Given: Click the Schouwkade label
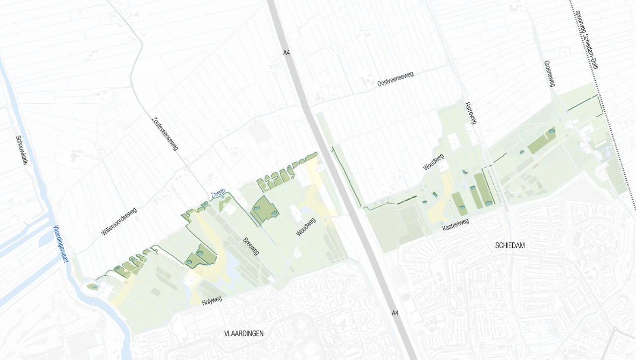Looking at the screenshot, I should click(22, 150).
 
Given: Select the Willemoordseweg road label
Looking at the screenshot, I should click(119, 221).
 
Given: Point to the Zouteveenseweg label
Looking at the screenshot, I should click(165, 133).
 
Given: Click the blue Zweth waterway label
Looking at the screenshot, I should click(218, 193).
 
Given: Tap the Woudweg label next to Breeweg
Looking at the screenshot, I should click(306, 227).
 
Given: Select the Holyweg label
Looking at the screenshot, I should click(212, 300).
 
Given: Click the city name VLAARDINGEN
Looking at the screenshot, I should click(244, 333).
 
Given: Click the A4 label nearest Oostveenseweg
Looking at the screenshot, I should click(286, 52).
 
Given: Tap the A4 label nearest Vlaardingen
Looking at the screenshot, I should click(395, 313).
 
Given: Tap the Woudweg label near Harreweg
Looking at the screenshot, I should click(434, 162).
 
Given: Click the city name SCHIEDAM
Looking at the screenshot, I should click(510, 245).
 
